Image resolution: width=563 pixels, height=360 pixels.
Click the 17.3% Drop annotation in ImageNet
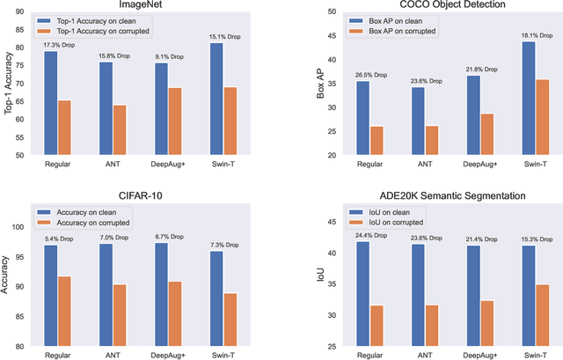click(x=58, y=44)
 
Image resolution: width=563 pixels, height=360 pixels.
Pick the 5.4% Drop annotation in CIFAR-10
click(x=58, y=238)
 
